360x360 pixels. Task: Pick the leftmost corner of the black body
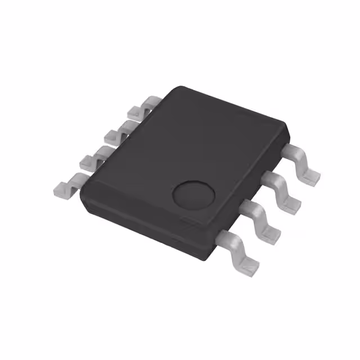point(82,194)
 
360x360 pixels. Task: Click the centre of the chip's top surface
point(186,157)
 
